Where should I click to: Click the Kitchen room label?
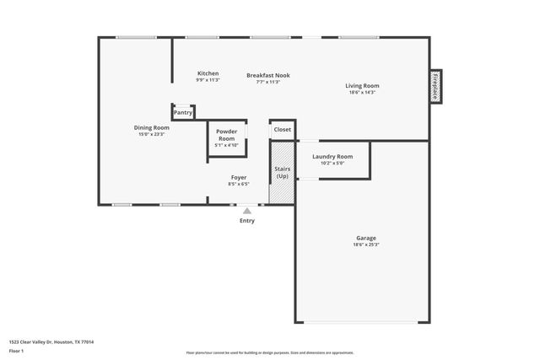[208, 73]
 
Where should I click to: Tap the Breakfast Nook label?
[268, 75]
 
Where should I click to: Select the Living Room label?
[362, 85]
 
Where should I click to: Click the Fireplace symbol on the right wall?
[435, 86]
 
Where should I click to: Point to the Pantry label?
[183, 112]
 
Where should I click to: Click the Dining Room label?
[152, 127]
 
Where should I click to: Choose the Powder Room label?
[226, 134]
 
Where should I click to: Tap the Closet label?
[282, 130]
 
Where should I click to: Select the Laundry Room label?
[332, 156]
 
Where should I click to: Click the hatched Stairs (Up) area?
[282, 173]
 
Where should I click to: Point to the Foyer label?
[240, 177]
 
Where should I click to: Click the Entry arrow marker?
[247, 212]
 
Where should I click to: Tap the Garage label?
[365, 238]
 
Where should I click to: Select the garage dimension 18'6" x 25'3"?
[366, 245]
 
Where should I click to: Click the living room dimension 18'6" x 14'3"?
[362, 93]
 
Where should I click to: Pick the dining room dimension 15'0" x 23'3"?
[152, 134]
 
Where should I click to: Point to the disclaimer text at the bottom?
[270, 352]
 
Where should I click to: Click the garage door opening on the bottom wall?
[364, 322]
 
